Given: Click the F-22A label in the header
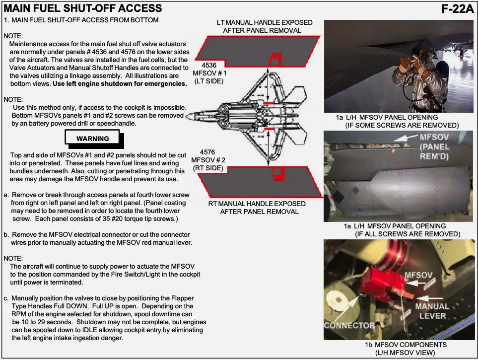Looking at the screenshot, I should (457, 8).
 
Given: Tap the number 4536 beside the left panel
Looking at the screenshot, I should (209, 65).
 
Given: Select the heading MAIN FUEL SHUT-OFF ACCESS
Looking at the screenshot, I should (83, 8).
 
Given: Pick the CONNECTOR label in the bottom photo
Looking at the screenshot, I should (349, 326).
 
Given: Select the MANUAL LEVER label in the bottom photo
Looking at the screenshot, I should (432, 311).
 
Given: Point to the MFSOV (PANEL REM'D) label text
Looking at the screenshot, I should (434, 147).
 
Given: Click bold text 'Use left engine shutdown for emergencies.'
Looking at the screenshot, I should (120, 83).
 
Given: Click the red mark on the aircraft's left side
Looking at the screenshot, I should (269, 103).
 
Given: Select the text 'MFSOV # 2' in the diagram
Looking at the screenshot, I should (209, 160).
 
